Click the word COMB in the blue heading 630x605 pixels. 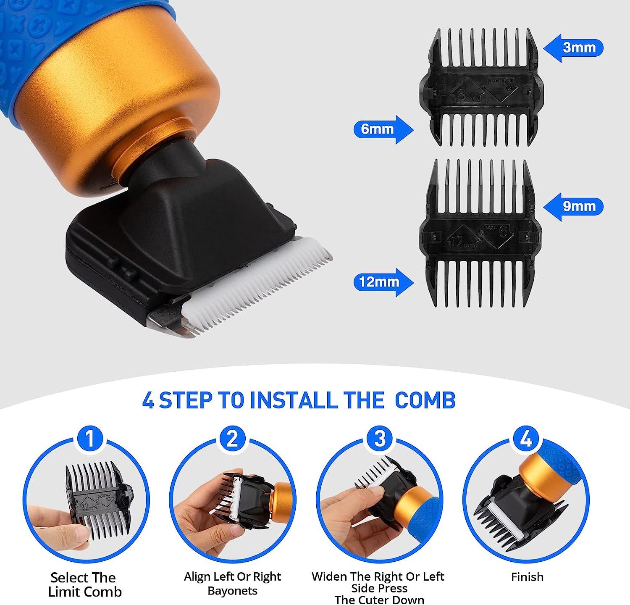(x=425, y=400)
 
